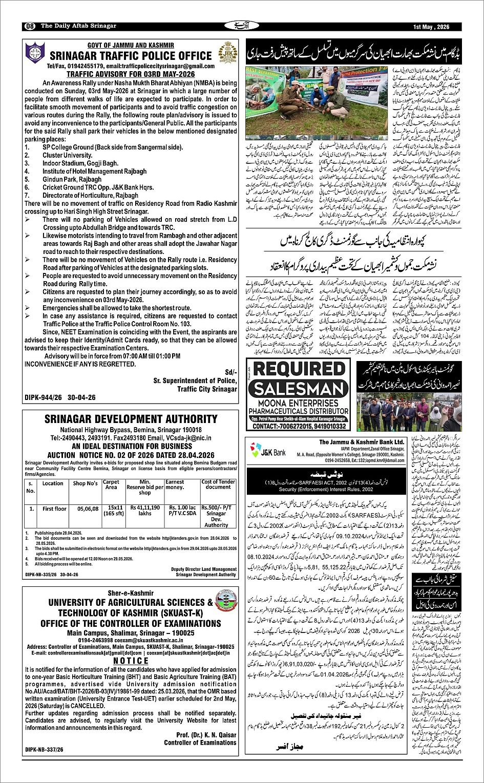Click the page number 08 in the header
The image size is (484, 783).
pos(29,26)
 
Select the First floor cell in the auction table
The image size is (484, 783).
pos(54,509)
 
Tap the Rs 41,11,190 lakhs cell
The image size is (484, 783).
pos(145,510)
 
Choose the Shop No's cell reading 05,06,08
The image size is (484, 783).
pos(85,509)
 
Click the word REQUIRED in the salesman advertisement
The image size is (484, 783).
pos(299,369)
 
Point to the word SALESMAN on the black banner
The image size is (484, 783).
pos(299,389)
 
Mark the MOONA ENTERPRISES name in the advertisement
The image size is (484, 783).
pos(299,404)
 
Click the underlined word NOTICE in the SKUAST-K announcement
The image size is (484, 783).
pos(131,661)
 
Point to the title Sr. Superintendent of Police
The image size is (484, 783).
pos(195,382)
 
